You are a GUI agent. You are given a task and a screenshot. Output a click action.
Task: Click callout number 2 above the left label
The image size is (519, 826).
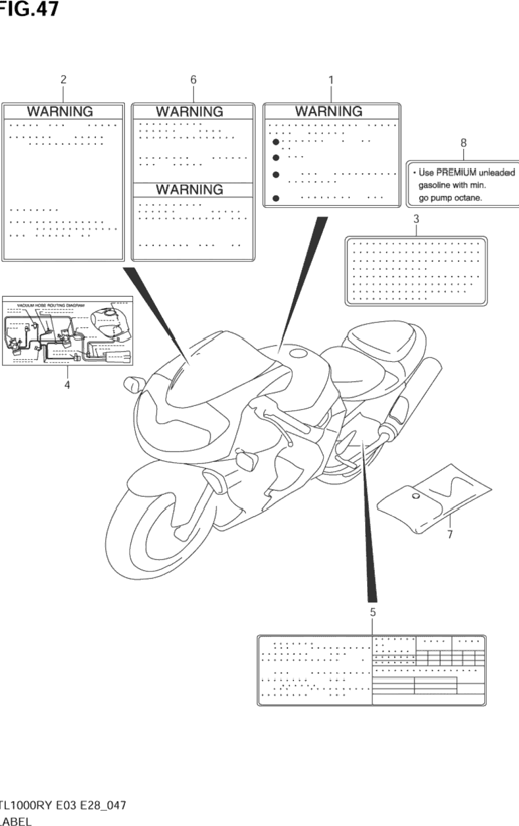63,80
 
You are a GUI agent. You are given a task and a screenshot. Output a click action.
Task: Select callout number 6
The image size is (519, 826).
193,80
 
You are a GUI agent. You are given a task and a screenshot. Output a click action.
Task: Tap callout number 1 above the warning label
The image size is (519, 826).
331,80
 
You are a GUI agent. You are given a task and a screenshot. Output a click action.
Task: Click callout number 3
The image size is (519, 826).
416,219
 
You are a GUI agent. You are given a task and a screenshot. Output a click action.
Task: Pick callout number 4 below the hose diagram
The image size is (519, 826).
67,385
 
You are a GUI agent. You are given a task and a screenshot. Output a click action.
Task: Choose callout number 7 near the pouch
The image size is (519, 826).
450,534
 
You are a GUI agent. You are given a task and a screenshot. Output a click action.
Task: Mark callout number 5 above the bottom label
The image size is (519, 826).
373,612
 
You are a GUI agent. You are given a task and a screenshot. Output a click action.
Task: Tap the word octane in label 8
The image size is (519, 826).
468,197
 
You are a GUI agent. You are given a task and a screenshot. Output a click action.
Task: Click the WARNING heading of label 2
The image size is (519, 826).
60,112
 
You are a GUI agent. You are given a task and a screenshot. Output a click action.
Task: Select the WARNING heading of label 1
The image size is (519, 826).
328,111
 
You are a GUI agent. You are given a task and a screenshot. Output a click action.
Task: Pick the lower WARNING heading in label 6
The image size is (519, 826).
189,190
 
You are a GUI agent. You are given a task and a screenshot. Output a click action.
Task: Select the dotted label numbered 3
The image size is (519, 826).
416,271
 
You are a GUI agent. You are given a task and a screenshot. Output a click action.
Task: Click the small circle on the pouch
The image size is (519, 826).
416,496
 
